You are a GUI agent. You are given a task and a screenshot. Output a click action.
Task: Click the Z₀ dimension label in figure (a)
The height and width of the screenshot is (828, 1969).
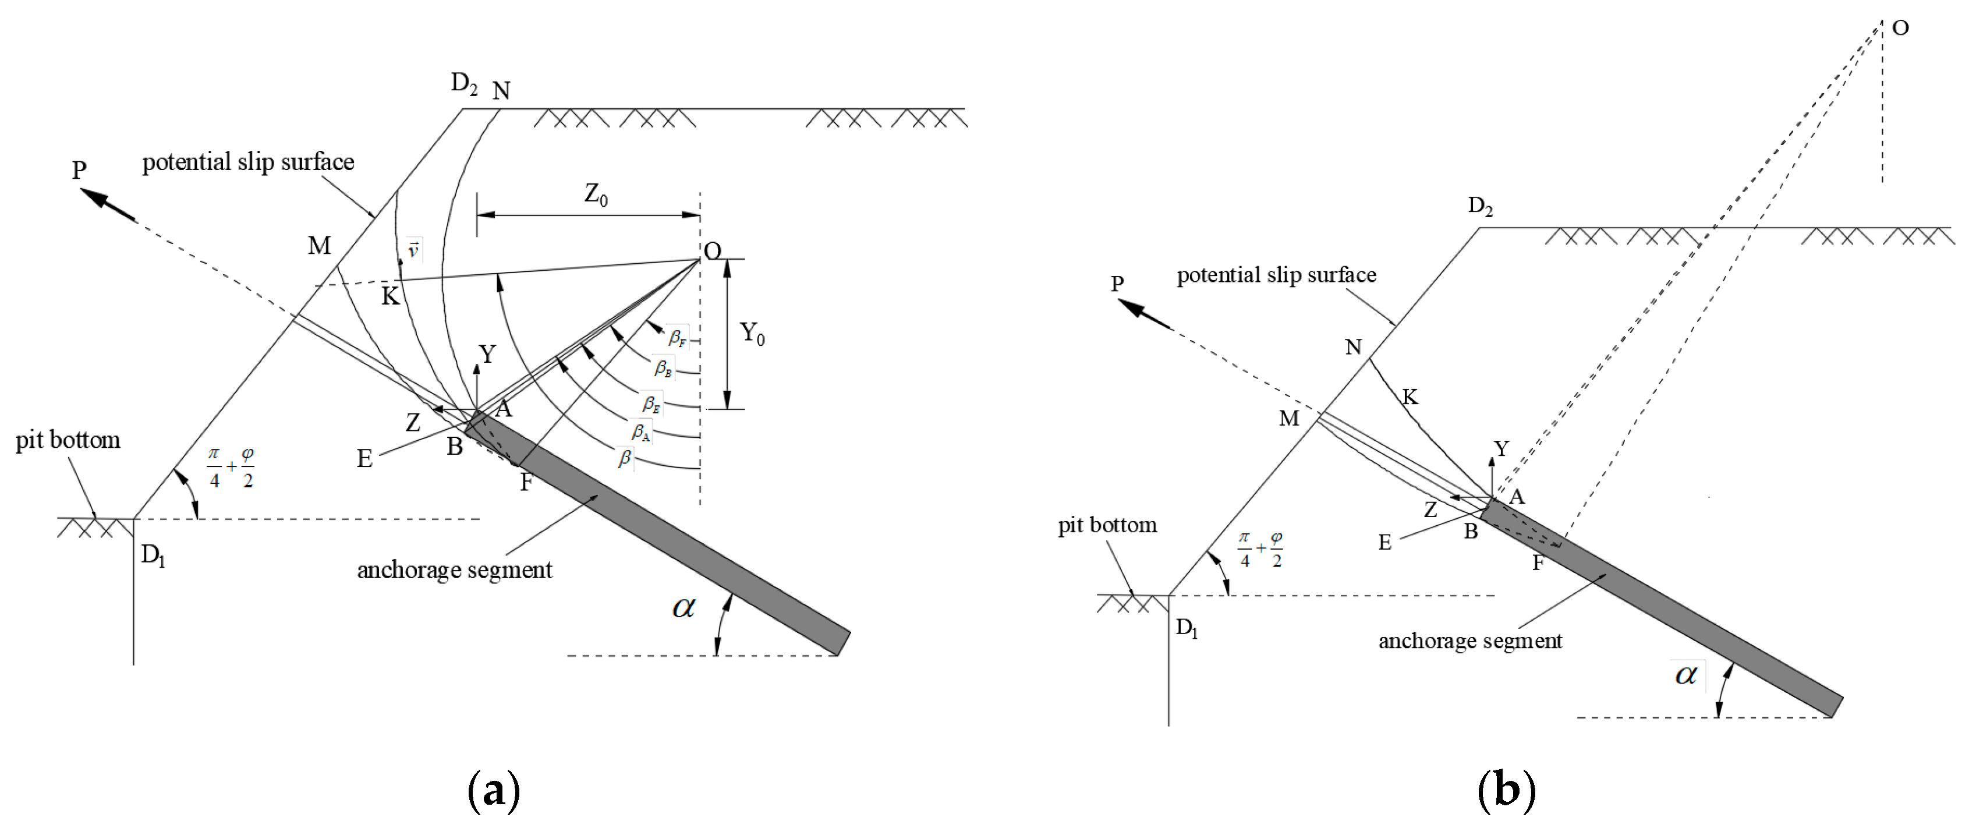tap(596, 195)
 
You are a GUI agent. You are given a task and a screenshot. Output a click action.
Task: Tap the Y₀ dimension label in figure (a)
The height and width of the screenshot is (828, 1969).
tap(752, 333)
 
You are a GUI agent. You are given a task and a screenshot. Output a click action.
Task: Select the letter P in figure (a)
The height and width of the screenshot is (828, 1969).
tap(79, 169)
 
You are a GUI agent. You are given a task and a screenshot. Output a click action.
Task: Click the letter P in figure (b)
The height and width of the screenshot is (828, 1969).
tap(1117, 284)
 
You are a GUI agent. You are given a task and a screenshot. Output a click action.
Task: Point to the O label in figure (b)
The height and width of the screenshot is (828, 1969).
tap(1900, 29)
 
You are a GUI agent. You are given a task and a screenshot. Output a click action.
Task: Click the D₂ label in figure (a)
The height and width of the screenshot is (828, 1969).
tap(464, 83)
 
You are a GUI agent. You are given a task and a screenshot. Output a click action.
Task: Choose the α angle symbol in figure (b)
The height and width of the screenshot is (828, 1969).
tap(1685, 674)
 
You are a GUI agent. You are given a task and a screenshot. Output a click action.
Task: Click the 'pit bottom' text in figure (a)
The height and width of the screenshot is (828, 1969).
tap(68, 440)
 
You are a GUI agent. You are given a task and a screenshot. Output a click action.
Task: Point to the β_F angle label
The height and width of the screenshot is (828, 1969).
tap(677, 337)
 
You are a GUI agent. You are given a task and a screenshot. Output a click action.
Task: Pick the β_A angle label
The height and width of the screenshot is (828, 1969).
tap(640, 432)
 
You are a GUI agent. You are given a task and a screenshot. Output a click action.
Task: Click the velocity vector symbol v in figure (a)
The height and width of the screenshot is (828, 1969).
tap(413, 250)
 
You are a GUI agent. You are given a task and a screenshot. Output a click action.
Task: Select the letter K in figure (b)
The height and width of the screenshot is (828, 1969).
tap(1410, 397)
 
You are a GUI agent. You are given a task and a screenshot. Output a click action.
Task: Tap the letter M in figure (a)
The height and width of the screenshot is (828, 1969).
tap(320, 245)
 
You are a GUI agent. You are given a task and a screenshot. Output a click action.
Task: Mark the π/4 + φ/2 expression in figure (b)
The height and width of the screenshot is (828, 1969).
tap(1260, 549)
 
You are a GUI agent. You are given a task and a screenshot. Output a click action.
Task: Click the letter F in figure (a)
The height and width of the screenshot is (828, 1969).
tap(526, 483)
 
